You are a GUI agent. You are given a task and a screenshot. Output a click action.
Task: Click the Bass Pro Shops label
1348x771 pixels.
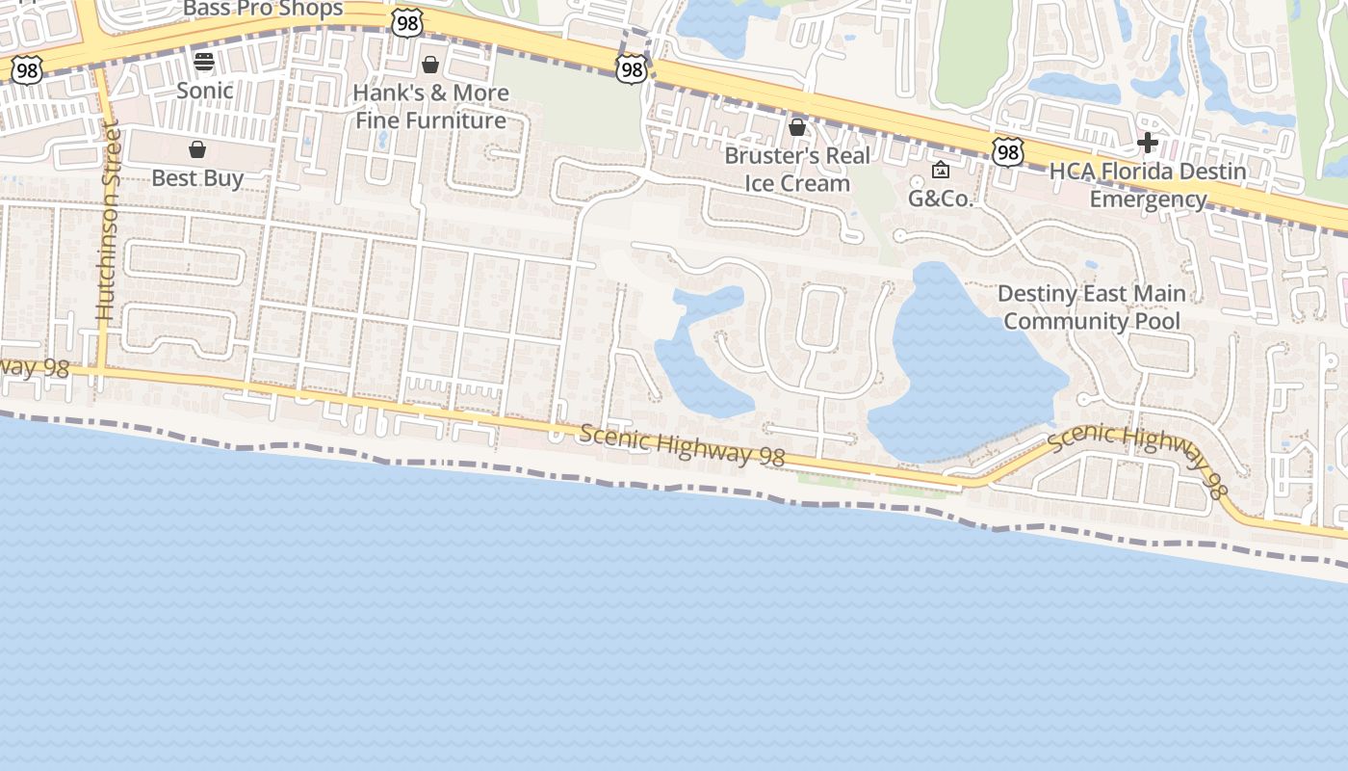tap(263, 9)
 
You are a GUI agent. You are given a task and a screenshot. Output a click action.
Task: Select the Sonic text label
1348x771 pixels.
tap(204, 91)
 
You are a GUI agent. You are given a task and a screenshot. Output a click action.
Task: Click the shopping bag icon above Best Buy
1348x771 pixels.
tap(197, 149)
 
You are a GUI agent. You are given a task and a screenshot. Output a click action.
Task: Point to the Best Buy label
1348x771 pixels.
tap(197, 178)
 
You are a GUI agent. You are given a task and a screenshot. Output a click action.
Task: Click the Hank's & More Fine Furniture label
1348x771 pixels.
tap(430, 107)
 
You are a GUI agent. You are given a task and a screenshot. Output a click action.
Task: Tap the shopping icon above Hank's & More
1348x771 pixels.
tap(430, 65)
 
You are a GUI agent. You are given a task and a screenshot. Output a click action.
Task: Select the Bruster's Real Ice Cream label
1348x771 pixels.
tap(798, 170)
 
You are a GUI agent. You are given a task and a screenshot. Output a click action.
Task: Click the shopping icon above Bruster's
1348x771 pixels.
tap(797, 127)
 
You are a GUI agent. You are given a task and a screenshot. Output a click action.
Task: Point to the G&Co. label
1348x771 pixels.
tap(941, 199)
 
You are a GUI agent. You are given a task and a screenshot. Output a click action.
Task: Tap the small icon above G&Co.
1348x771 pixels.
tap(941, 171)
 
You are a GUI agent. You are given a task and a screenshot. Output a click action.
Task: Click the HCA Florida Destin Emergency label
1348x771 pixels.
tap(1148, 185)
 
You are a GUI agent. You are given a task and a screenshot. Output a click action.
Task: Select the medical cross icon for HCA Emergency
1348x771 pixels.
tap(1147, 144)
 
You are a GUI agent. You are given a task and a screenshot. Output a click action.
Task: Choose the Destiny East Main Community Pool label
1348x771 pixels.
tap(1092, 307)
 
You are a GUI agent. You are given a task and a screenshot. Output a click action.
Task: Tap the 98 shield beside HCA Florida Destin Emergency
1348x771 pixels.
tap(1007, 151)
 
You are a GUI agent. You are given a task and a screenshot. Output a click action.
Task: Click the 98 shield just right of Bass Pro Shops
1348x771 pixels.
tap(407, 24)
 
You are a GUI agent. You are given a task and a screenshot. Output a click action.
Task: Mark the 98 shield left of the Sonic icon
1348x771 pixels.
tap(27, 68)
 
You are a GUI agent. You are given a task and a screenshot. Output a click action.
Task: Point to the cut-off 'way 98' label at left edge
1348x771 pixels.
tap(36, 368)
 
